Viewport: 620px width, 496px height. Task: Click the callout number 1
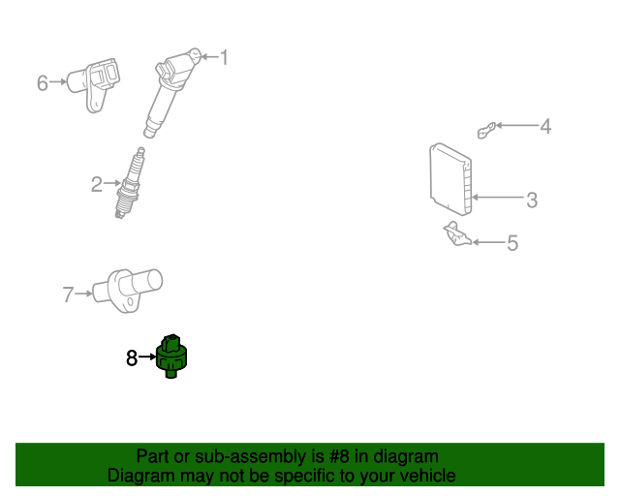point(225,57)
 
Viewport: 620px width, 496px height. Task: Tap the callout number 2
point(97,183)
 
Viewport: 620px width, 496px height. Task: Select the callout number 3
point(532,201)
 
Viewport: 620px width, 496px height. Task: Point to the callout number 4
point(545,126)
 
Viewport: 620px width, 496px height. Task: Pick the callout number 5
point(512,243)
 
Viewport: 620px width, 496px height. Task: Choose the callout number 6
point(43,83)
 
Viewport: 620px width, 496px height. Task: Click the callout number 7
point(68,294)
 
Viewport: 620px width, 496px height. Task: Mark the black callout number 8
point(132,357)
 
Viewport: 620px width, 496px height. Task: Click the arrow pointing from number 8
point(146,357)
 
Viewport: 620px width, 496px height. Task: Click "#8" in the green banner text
point(327,456)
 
